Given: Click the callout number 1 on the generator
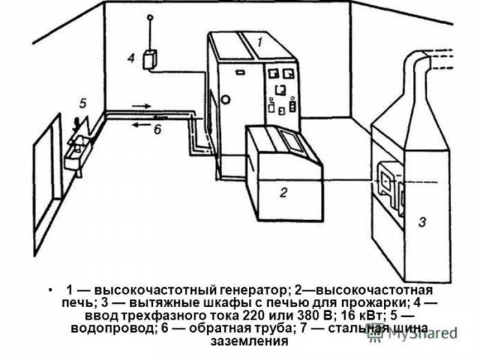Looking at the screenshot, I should pos(261,43).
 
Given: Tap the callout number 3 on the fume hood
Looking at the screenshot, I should pos(423,221).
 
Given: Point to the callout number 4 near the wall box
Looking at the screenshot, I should pos(130,59).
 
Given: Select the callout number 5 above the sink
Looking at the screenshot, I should pos(82,104).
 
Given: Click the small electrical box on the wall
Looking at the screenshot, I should pos(149,60).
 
